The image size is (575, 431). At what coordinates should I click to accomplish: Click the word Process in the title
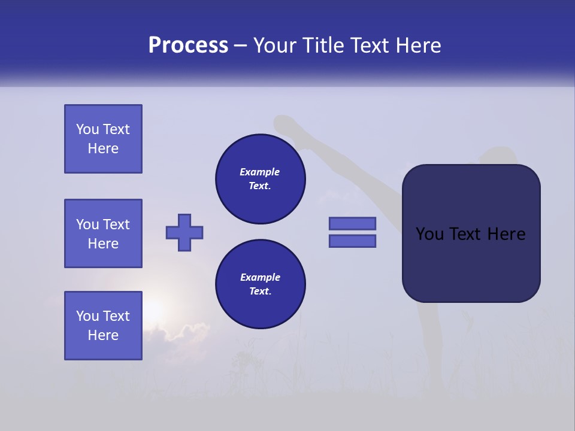(x=188, y=45)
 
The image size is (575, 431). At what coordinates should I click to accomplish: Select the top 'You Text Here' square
(x=103, y=139)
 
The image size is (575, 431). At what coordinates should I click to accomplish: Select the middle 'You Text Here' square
(x=103, y=233)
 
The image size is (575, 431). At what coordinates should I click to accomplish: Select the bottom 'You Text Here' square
(x=103, y=326)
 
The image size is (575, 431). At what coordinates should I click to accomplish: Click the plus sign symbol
(x=184, y=232)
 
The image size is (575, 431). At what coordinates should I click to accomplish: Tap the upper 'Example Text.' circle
(x=260, y=179)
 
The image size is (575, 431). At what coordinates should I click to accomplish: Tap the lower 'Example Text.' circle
(x=260, y=284)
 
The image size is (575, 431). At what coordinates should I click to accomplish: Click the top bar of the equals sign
(x=352, y=223)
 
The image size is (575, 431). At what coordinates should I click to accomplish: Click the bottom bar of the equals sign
(x=352, y=241)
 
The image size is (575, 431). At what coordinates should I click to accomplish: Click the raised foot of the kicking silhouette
(x=283, y=124)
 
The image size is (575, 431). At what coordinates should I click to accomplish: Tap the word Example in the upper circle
(x=260, y=172)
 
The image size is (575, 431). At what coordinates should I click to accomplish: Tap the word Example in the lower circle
(x=260, y=277)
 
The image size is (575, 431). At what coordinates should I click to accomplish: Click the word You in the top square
(x=86, y=129)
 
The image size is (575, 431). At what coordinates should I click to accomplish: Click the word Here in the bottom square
(x=103, y=335)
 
